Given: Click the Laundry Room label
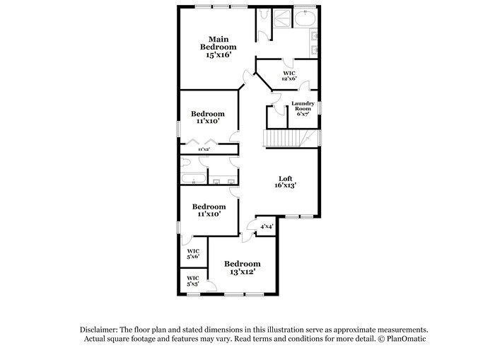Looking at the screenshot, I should click(303, 106).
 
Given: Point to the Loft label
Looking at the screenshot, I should click(285, 178).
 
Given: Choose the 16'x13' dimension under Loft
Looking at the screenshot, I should click(285, 186).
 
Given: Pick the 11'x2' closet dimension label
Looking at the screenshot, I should click(204, 149).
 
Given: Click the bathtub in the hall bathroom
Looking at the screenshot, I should click(193, 177).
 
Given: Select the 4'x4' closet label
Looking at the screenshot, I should click(267, 226).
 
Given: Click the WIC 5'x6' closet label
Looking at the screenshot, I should click(192, 254).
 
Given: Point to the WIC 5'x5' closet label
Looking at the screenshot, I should click(192, 281).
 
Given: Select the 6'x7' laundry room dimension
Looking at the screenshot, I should click(303, 114).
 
